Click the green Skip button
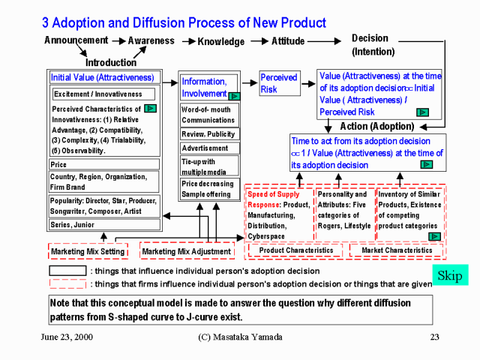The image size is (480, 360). [x=450, y=274]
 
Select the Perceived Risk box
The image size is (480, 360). [x=278, y=83]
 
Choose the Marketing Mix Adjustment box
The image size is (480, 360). [x=186, y=251]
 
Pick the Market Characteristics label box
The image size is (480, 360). [x=397, y=250]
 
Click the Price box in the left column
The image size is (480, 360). [x=104, y=164]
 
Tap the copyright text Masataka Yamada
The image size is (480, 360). [x=235, y=337]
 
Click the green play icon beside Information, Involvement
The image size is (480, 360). [x=234, y=96]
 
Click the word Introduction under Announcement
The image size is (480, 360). [x=110, y=62]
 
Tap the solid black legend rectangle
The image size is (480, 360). [x=67, y=271]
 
